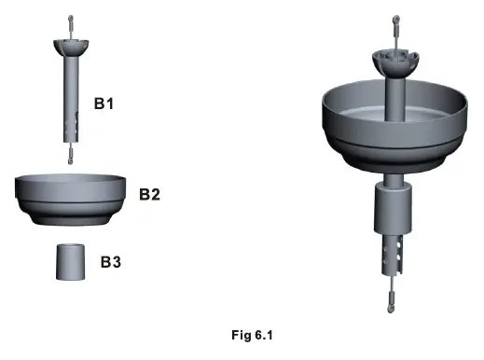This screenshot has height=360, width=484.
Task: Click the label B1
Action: [x=104, y=103]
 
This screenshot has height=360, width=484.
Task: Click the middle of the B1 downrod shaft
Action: [x=70, y=89]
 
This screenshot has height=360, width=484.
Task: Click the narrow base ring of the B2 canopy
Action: [x=70, y=220]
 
